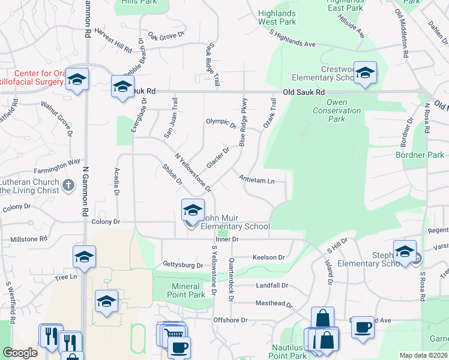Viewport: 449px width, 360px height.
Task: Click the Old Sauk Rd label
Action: [x=304, y=92]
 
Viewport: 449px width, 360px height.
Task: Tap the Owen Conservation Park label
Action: [x=329, y=110]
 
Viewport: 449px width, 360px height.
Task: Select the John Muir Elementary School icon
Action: [x=193, y=211]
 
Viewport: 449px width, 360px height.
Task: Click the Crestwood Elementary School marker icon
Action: [x=364, y=73]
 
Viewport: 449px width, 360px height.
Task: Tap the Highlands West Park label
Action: [x=277, y=17]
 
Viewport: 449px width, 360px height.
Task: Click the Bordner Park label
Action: [x=420, y=155]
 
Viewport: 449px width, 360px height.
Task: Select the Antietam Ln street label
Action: [x=256, y=179]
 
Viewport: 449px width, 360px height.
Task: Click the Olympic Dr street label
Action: [x=221, y=124]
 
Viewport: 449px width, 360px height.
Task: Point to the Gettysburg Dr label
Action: [x=183, y=265]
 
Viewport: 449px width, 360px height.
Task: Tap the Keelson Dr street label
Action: [x=268, y=257]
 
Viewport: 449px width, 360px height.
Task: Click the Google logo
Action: [x=20, y=353]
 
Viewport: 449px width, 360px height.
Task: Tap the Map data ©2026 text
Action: [x=423, y=355]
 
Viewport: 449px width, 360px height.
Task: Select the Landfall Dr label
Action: [x=272, y=286]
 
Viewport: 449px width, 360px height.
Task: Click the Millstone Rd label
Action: [x=29, y=239]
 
